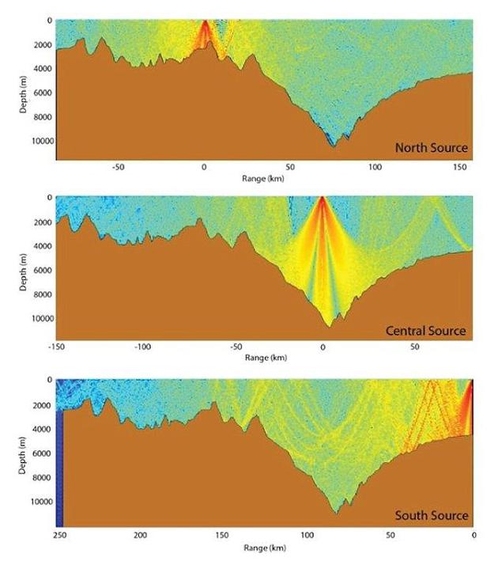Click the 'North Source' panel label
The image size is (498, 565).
431,148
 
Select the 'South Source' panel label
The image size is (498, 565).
432,516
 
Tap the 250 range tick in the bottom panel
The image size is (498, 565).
57,536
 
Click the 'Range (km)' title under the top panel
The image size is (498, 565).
264,179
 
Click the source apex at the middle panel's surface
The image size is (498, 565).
323,199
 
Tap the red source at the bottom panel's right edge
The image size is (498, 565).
470,388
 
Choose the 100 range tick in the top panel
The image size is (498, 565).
375,168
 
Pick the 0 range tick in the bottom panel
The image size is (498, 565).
473,536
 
